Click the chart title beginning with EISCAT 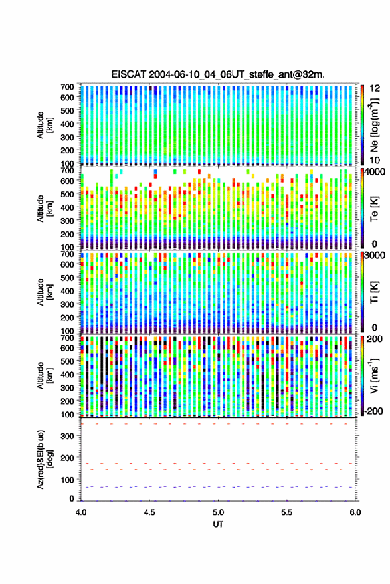218,74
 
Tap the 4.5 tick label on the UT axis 149,512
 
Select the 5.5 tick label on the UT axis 287,512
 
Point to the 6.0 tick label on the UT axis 355,512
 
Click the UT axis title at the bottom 218,524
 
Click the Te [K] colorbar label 374,209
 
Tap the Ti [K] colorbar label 374,292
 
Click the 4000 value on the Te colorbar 375,173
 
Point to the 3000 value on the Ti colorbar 375,256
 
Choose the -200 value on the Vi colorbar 374,411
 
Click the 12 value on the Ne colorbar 375,88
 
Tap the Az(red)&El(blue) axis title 45,460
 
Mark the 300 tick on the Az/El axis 67,436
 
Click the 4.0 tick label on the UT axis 81,512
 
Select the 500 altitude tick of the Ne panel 67,110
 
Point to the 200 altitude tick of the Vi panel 67,401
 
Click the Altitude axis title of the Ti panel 45,292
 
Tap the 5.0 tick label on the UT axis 219,512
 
